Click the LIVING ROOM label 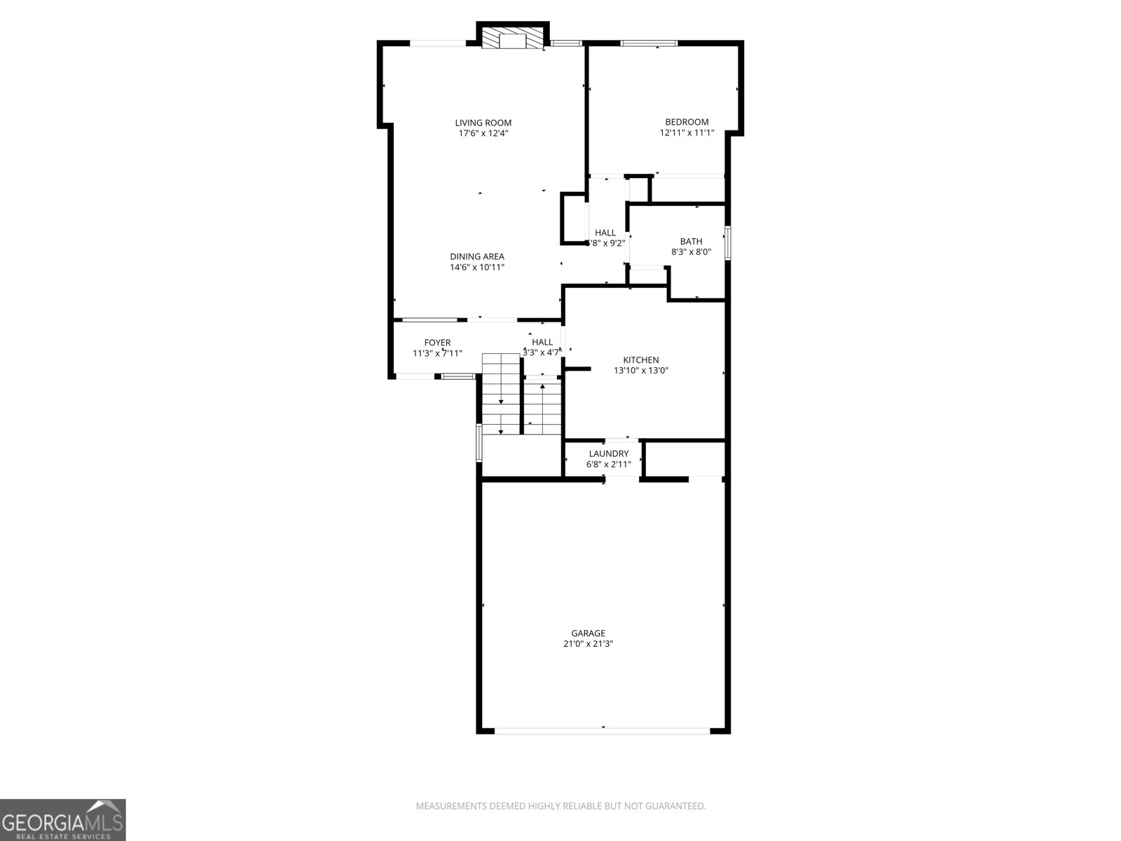[483, 123]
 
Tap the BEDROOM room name [687, 122]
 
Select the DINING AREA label [476, 257]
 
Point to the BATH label [691, 241]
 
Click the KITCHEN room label [641, 360]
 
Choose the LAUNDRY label [608, 453]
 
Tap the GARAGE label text [589, 633]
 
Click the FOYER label [437, 343]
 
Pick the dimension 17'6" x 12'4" [483, 133]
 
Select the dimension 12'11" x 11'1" [687, 132]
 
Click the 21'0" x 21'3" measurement [589, 643]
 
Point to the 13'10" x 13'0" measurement [641, 371]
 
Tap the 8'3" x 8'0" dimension [691, 252]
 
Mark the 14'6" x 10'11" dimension [476, 267]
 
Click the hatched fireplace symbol [513, 39]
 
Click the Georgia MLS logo [63, 819]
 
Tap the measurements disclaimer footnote [560, 807]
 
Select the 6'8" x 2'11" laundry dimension [608, 464]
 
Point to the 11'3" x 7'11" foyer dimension [437, 353]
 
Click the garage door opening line [603, 730]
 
